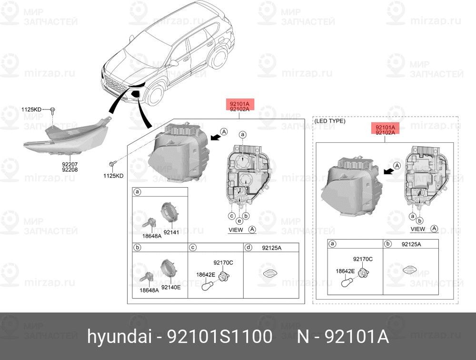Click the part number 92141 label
coord(171,232)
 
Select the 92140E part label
coord(171,287)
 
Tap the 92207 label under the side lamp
coord(70,164)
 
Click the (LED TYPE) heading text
coord(330,121)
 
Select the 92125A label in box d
coord(272,248)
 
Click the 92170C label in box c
coord(223,262)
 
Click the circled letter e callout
coord(239,221)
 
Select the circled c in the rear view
coord(232,216)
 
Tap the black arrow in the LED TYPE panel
coord(388,171)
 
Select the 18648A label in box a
coord(152,236)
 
